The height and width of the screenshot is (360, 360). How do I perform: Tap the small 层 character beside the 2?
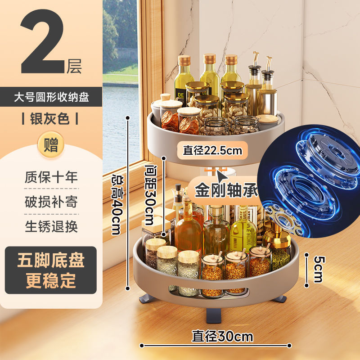click(74, 67)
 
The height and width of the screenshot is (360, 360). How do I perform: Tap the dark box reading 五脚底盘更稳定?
click(51, 270)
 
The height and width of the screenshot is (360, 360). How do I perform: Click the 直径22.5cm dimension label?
click(212, 150)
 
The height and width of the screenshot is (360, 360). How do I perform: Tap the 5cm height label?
click(318, 269)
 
